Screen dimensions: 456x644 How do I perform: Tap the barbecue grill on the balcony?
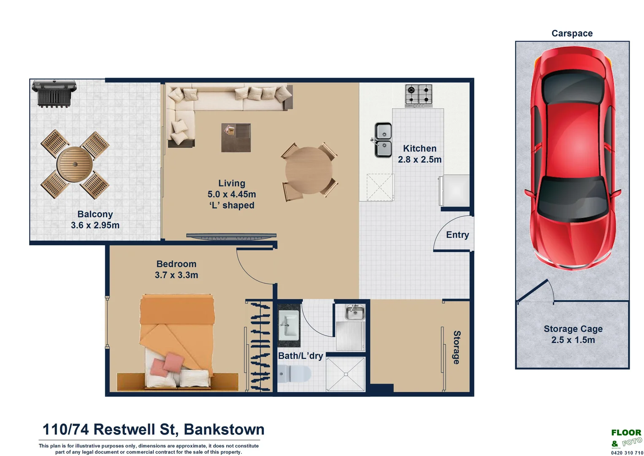click(54, 92)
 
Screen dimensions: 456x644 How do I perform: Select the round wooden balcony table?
click(75, 164)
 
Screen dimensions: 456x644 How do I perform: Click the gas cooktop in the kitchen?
click(419, 95)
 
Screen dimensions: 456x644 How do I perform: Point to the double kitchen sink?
click(383, 140)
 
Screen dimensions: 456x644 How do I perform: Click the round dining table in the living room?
click(308, 170)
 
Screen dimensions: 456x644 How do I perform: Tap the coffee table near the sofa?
click(236, 137)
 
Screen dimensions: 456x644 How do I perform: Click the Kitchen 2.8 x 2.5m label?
click(419, 154)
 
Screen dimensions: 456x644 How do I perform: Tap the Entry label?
click(457, 235)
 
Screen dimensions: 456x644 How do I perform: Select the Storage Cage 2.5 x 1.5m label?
click(573, 334)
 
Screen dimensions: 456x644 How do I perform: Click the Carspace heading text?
click(572, 33)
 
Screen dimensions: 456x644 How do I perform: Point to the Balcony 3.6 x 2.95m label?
click(95, 220)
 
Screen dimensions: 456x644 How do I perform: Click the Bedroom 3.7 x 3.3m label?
click(176, 269)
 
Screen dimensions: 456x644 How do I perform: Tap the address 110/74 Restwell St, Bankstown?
click(154, 429)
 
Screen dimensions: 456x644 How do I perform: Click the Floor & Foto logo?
click(626, 438)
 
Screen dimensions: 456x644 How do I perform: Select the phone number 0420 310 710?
click(627, 453)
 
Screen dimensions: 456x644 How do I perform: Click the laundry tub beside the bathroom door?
click(354, 313)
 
